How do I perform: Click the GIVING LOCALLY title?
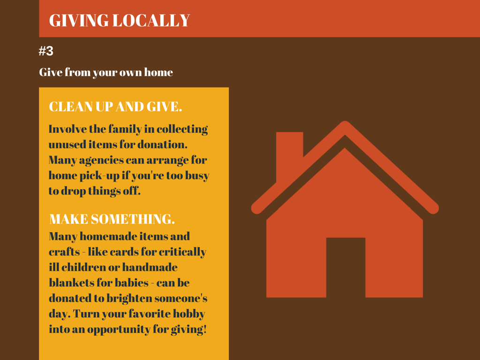click(x=120, y=21)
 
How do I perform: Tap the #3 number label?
click(x=46, y=51)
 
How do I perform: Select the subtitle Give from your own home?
click(x=106, y=73)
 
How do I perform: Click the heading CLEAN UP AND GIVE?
click(x=115, y=106)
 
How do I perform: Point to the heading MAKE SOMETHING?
click(x=112, y=219)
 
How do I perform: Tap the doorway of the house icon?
click(x=345, y=267)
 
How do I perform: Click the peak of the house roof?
click(x=345, y=123)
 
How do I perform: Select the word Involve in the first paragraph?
click(x=67, y=129)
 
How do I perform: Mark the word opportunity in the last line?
click(x=119, y=330)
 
